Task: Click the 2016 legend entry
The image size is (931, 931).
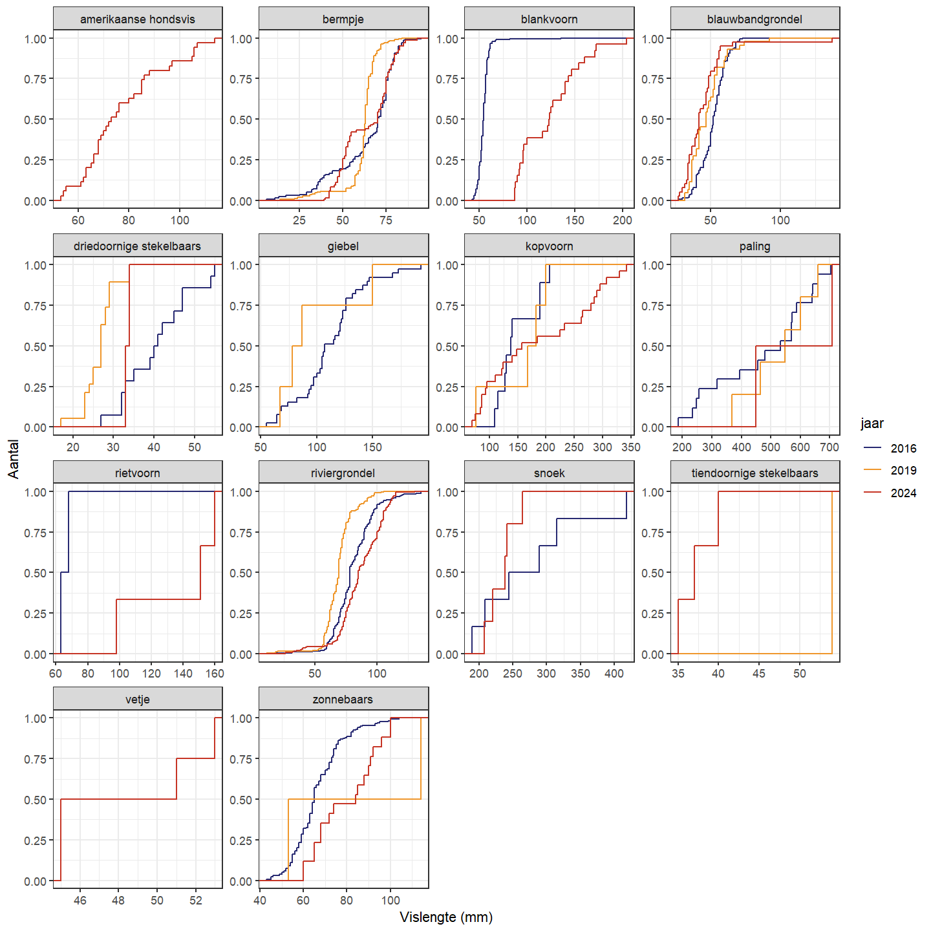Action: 903,449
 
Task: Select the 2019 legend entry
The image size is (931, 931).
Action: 903,471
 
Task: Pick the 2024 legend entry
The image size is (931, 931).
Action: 903,493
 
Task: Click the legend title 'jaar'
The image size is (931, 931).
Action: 872,423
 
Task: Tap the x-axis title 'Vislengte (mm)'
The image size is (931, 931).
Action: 446,917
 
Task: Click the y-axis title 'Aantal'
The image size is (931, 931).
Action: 14,459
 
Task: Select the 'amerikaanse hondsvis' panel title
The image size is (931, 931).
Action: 137,19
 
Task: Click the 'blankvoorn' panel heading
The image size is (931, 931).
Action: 549,19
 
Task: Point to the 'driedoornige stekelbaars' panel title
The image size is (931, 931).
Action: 137,246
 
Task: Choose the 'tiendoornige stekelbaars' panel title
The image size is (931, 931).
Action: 754,473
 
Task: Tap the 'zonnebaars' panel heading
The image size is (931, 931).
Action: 343,700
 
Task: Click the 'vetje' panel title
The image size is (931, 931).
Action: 137,700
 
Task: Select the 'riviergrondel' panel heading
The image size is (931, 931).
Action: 343,473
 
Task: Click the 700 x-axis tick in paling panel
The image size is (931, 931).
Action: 829,447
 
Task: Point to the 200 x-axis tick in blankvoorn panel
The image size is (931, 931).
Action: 623,220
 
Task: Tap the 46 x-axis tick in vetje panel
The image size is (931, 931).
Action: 80,901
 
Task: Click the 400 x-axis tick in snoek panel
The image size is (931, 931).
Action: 614,674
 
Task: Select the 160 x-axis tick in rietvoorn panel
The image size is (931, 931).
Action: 215,674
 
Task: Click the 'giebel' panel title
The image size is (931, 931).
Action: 343,246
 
